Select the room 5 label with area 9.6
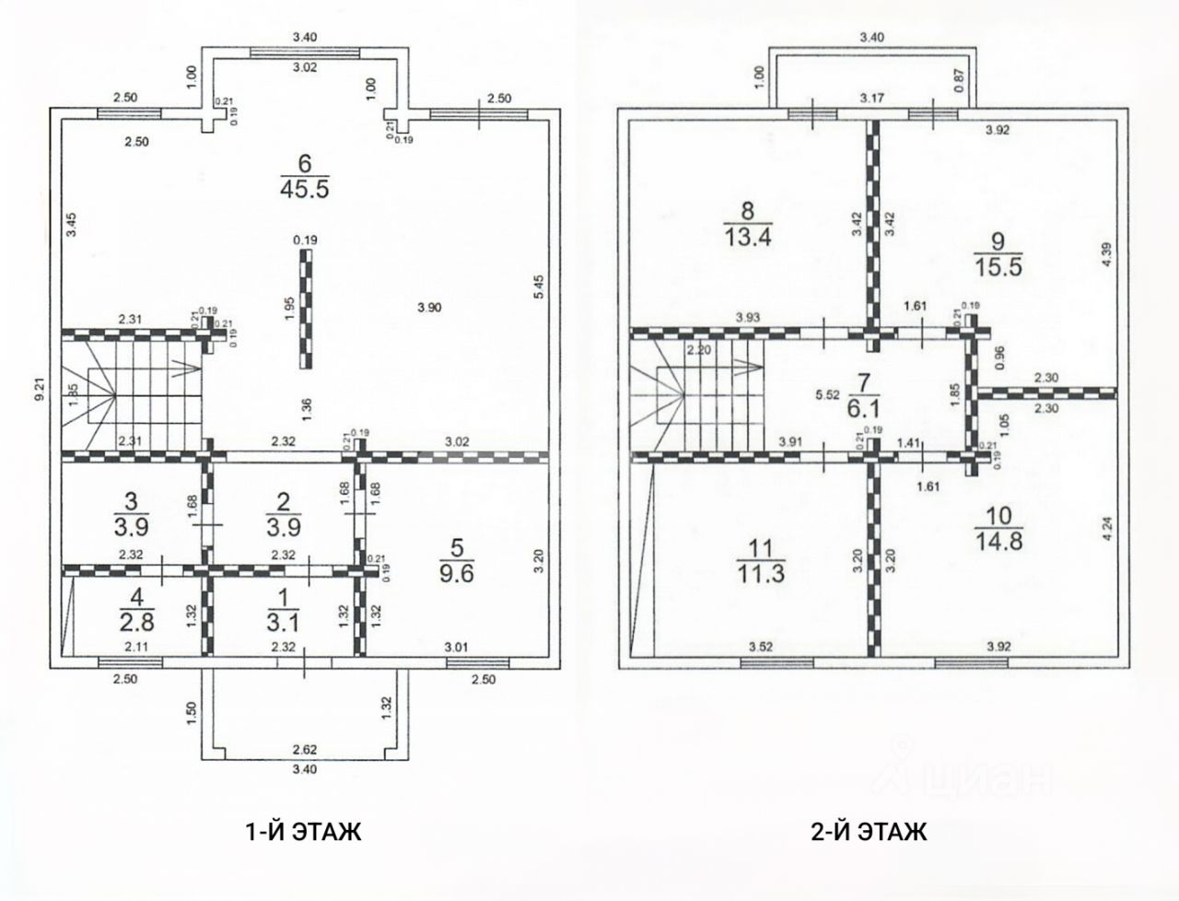[x=457, y=561]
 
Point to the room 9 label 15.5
[x=998, y=253]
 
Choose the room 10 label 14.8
[x=998, y=529]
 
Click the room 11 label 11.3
[x=761, y=561]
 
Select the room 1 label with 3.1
[x=284, y=610]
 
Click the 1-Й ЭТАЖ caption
[x=304, y=832]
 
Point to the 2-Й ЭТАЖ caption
[x=870, y=832]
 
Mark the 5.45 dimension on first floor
[x=540, y=287]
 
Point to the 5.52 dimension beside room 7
[x=827, y=395]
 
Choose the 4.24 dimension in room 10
[x=1107, y=530]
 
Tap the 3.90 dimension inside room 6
[x=429, y=308]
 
